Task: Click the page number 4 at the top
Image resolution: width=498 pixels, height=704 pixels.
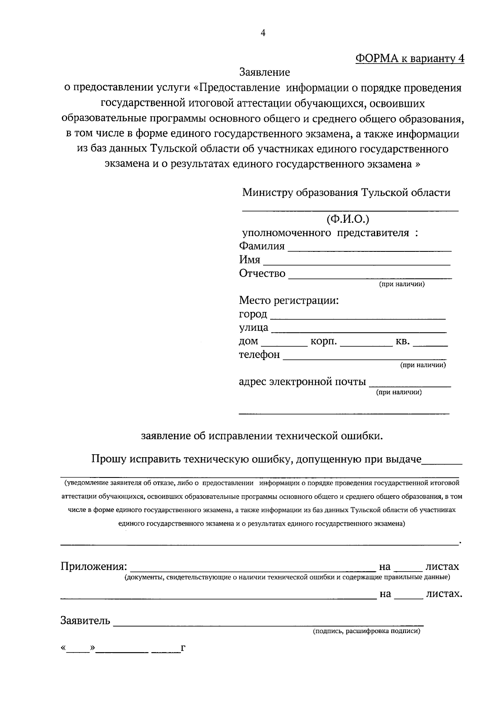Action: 262,34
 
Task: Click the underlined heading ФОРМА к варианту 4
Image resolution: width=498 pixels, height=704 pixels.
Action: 410,58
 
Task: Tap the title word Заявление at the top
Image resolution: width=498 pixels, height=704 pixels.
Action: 264,73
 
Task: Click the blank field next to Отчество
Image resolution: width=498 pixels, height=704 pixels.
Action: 370,275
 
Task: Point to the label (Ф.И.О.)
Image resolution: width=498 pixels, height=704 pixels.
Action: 348,219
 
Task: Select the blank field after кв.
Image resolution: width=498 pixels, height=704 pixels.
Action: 430,343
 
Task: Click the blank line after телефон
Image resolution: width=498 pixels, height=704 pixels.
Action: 365,357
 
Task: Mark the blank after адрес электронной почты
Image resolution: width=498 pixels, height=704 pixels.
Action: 410,384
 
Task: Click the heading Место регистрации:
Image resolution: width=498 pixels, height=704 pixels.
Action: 289,300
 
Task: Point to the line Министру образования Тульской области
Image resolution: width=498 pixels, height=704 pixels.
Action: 346,193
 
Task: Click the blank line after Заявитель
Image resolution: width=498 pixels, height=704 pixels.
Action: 268,623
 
